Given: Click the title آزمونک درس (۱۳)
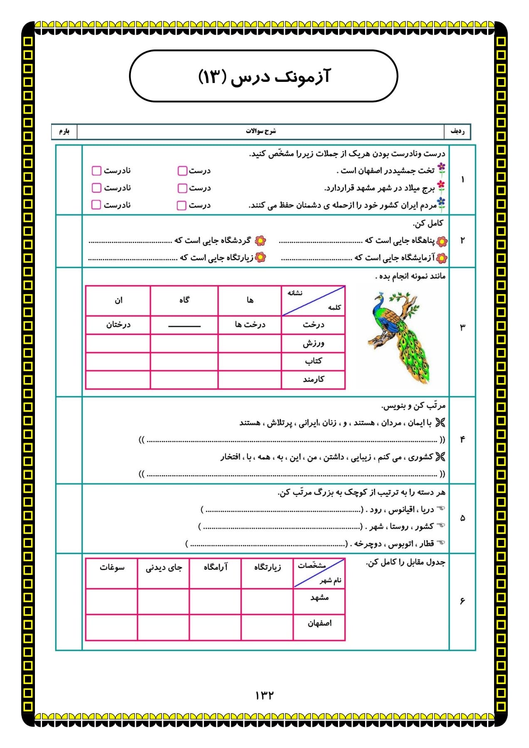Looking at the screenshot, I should click(264, 76).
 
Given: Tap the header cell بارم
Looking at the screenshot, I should click(64, 131).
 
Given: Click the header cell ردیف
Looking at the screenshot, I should click(457, 131).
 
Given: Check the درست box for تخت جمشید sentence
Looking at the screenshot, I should click(182, 171).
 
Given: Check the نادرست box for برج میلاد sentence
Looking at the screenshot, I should click(96, 188).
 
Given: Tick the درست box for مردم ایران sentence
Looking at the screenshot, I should click(182, 205).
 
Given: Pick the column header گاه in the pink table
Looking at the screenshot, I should click(184, 300).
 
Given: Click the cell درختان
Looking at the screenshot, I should click(118, 325).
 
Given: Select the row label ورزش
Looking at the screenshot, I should click(313, 343).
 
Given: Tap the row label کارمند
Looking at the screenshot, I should click(313, 379).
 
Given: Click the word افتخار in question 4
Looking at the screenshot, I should click(230, 457).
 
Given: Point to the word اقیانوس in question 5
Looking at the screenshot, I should click(400, 509).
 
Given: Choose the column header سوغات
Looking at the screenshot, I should click(112, 567).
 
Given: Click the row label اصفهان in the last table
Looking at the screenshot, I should click(319, 623).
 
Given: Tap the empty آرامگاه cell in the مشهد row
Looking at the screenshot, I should click(215, 601).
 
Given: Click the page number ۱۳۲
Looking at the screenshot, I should click(264, 695).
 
